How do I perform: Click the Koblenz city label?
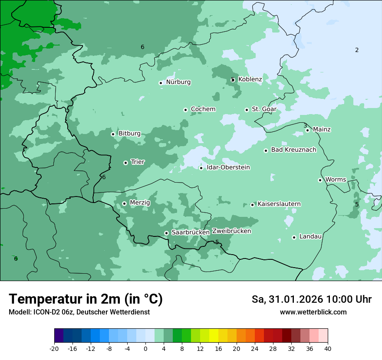coord(250,79)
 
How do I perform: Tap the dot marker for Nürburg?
coord(161,83)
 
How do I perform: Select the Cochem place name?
coord(203,109)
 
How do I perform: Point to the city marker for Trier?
coord(125,163)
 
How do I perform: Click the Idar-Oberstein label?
coord(228,167)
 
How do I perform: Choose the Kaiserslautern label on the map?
coord(279,204)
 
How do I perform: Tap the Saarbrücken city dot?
coord(166,233)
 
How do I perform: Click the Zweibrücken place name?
coord(231,231)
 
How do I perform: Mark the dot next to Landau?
coord(294,237)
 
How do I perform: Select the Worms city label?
coord(336,180)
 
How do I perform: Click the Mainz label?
coord(322,129)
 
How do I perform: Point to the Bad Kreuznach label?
coord(293,150)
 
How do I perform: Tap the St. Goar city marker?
coord(247,110)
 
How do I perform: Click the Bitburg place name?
coord(129,134)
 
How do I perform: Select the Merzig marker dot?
coord(124,203)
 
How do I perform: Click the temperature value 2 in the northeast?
coord(357,50)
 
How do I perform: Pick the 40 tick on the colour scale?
coord(328,348)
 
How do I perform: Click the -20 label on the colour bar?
coord(54,348)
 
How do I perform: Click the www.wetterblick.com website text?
coord(313,312)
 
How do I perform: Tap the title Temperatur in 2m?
coord(86,299)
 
